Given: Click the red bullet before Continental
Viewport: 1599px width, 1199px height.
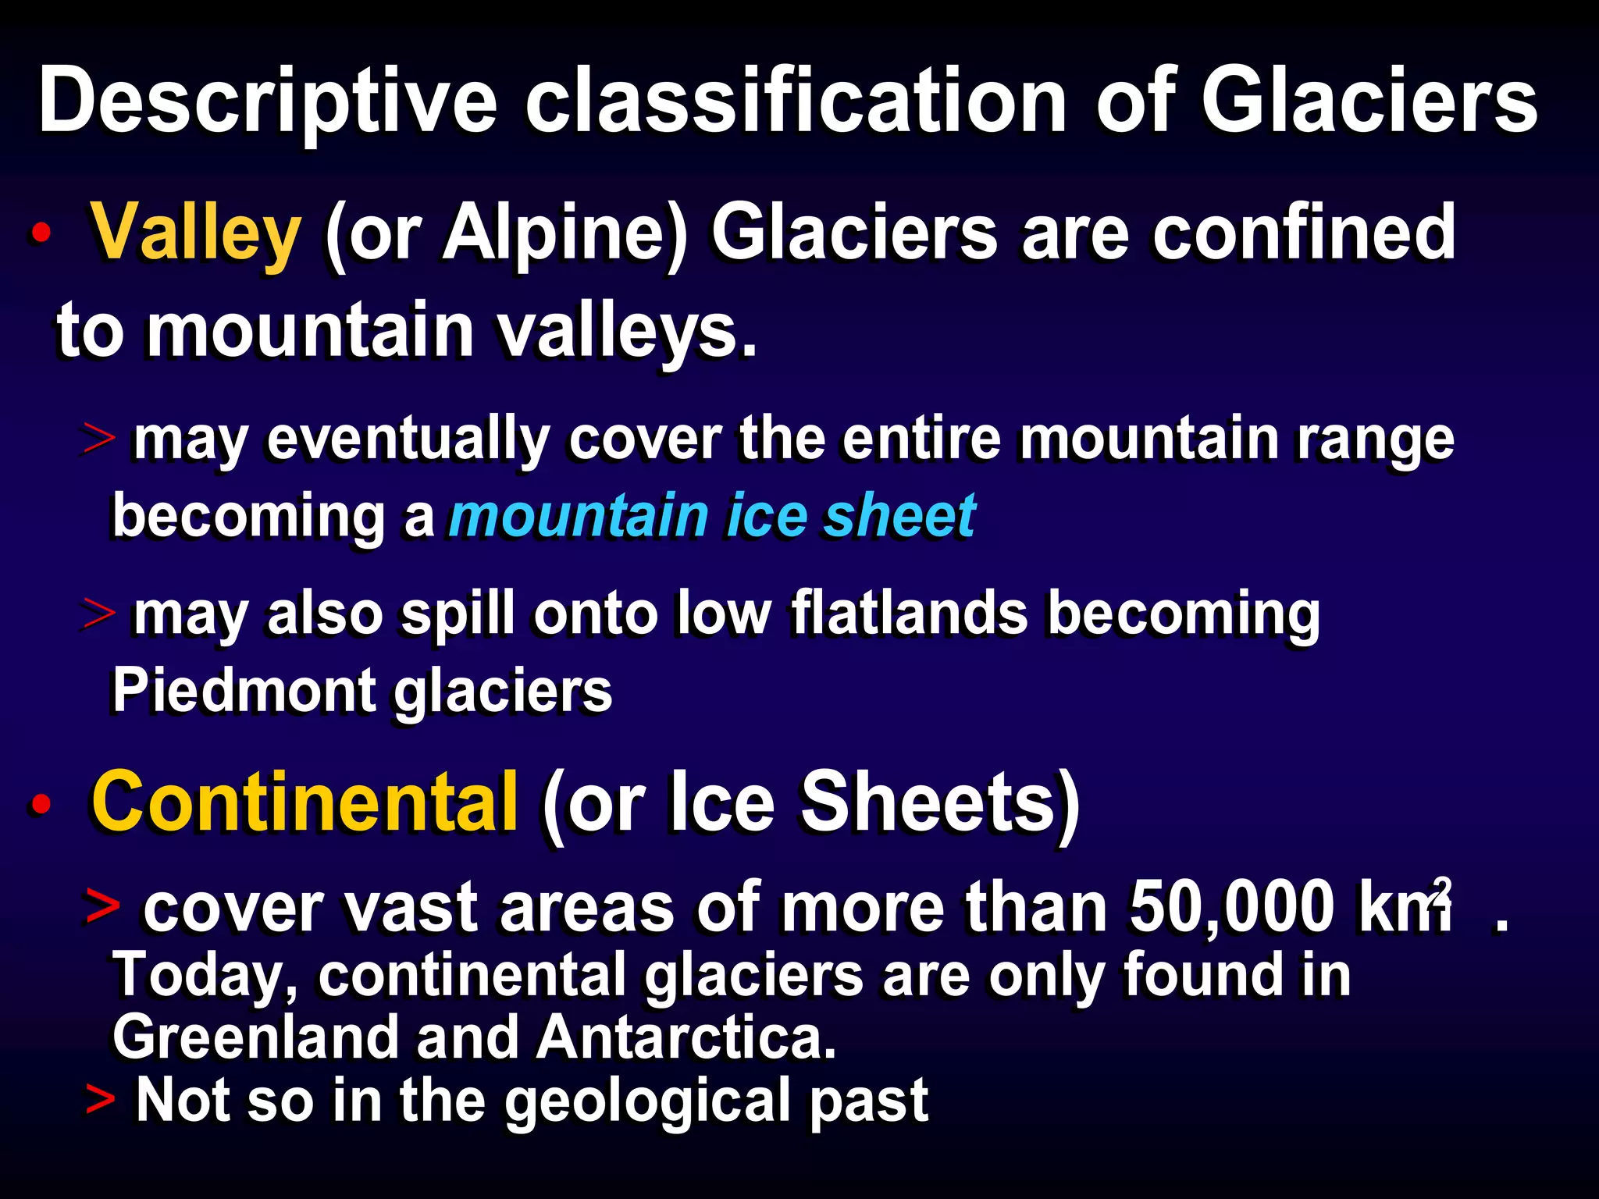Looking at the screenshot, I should coord(41,804).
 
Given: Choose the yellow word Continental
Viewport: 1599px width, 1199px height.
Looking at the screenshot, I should coord(304,802).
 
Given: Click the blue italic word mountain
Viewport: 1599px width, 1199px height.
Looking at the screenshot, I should coord(579,517).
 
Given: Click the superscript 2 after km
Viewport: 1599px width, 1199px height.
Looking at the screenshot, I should coord(1441,890).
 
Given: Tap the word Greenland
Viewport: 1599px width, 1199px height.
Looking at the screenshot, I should coord(255,1038).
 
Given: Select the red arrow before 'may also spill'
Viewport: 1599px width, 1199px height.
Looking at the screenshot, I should coord(100,615).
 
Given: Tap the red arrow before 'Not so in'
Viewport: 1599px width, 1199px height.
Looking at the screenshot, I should coord(100,1099).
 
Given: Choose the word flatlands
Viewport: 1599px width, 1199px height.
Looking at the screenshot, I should coord(910,614).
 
